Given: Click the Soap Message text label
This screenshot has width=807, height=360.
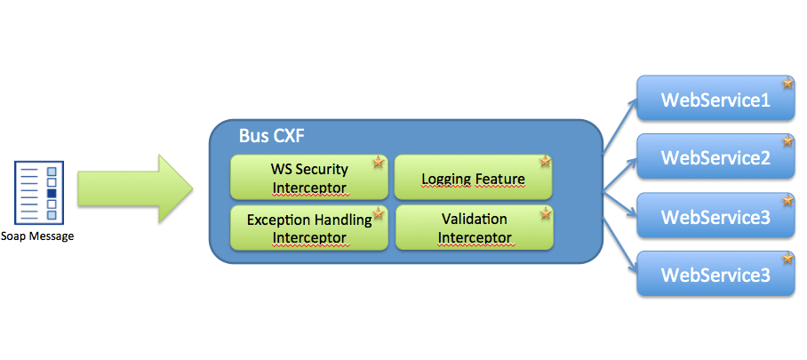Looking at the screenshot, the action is point(37,237).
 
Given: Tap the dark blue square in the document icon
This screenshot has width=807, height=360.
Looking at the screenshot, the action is point(52,193).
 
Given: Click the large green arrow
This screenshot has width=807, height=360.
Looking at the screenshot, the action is point(135,188).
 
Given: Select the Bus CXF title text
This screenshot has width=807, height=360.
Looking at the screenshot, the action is point(273,136).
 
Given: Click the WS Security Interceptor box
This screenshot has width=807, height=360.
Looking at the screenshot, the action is point(308,177).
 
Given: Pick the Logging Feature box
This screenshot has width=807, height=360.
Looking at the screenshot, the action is point(473,177).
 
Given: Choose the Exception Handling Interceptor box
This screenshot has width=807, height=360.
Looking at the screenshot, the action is point(308,228).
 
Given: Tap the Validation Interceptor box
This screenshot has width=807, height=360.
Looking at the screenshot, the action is point(474,228).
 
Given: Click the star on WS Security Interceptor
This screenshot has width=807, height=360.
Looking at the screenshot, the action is point(379,163).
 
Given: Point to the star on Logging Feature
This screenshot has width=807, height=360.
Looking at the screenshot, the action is point(545,162).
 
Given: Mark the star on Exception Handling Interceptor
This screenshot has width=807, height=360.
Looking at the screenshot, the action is point(379,213).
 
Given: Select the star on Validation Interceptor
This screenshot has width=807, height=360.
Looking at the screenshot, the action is point(546,212).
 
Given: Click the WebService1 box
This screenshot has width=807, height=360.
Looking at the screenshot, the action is point(716,99).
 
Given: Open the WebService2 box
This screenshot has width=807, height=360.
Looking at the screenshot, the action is point(716,156).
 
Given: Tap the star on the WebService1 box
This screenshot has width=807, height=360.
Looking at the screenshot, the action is point(788,84).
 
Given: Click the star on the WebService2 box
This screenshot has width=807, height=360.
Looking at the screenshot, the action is point(788,141).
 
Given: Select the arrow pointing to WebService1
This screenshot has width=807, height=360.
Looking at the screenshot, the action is point(619,126).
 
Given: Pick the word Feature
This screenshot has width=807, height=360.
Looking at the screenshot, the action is point(499,179).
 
